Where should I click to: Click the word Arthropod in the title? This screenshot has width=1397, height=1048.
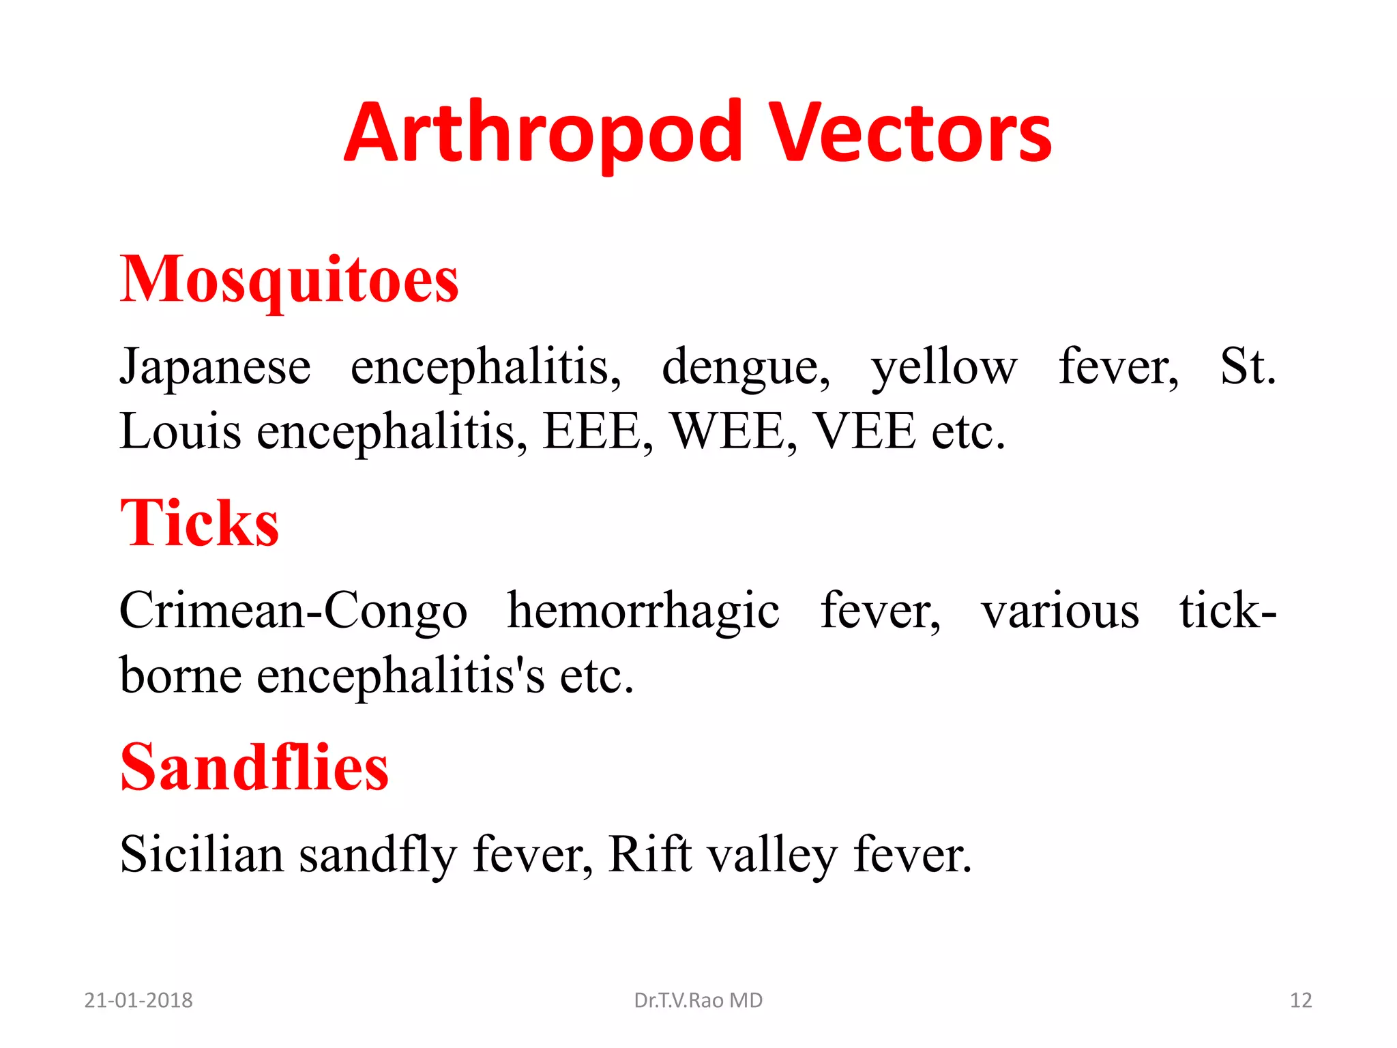pyautogui.click(x=543, y=134)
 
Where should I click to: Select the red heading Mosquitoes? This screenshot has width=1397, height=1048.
pyautogui.click(x=289, y=280)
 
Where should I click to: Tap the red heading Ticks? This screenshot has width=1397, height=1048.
pyautogui.click(x=199, y=523)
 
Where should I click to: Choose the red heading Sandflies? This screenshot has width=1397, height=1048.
pyautogui.click(x=254, y=768)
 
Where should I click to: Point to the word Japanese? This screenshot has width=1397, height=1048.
pyautogui.click(x=216, y=367)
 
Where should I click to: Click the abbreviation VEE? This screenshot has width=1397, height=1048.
pyautogui.click(x=865, y=431)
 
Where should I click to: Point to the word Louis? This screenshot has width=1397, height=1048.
pyautogui.click(x=180, y=431)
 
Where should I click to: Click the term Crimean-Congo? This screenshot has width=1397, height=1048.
pyautogui.click(x=293, y=611)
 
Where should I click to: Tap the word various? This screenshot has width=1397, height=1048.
pyautogui.click(x=1060, y=611)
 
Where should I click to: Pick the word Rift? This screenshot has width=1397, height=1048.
pyautogui.click(x=649, y=854)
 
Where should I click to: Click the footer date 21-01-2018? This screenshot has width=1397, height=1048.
pyautogui.click(x=138, y=1000)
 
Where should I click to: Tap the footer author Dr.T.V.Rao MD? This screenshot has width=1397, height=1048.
pyautogui.click(x=698, y=1000)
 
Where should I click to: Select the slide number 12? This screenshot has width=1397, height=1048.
pyautogui.click(x=1301, y=1000)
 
